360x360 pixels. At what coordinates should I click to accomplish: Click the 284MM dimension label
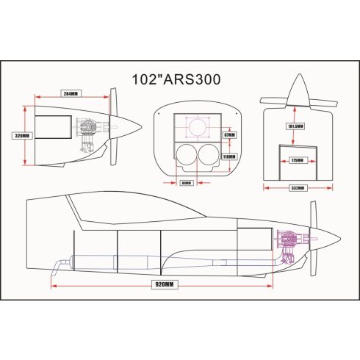[x=71, y=94]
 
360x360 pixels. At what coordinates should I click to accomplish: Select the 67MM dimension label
[x=228, y=134]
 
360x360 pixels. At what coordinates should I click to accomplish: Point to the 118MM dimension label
[x=228, y=156]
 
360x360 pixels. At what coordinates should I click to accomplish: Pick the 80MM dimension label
[x=185, y=182]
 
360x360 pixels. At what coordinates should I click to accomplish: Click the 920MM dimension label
[x=164, y=284]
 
